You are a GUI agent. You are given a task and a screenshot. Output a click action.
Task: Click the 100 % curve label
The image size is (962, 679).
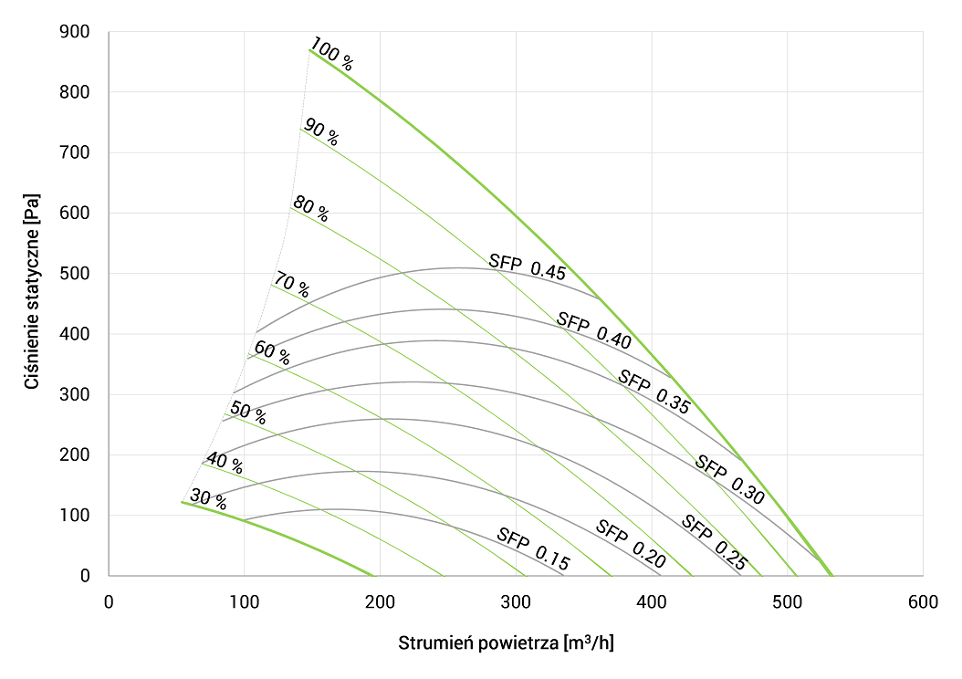click(331, 55)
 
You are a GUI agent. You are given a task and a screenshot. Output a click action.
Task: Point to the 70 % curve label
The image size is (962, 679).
click(291, 286)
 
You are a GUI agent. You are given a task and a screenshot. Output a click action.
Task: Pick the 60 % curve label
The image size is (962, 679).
click(271, 352)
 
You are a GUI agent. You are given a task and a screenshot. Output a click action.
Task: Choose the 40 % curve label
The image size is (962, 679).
click(225, 463)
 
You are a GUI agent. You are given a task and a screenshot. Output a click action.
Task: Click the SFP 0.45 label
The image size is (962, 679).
click(528, 266)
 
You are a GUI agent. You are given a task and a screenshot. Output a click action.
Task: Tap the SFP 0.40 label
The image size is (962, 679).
click(594, 330)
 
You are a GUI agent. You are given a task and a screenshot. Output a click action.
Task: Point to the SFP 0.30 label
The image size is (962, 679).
click(729, 478)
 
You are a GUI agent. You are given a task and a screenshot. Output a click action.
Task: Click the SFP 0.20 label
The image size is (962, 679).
click(630, 544)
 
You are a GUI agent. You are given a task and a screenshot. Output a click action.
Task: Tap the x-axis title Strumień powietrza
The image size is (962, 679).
click(506, 642)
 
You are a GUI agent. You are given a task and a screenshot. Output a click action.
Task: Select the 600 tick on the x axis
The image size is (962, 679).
click(922, 601)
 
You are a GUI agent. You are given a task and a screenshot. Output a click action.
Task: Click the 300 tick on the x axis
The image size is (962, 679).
click(516, 601)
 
